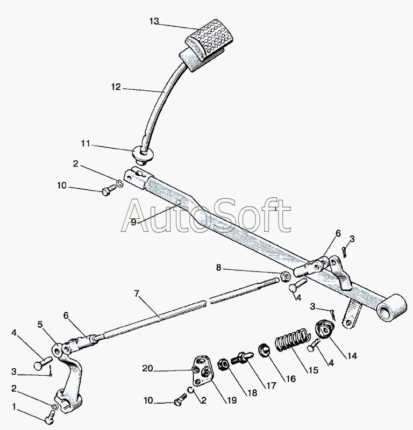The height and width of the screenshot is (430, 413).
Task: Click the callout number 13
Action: click(154, 21)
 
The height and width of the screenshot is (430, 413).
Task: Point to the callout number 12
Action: click(117, 87)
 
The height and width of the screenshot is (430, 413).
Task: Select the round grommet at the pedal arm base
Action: click(144, 154)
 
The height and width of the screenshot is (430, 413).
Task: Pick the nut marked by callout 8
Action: click(283, 277)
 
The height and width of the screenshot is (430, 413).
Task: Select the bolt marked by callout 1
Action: click(50, 415)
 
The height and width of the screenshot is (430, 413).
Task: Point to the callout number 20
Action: click(147, 368)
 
